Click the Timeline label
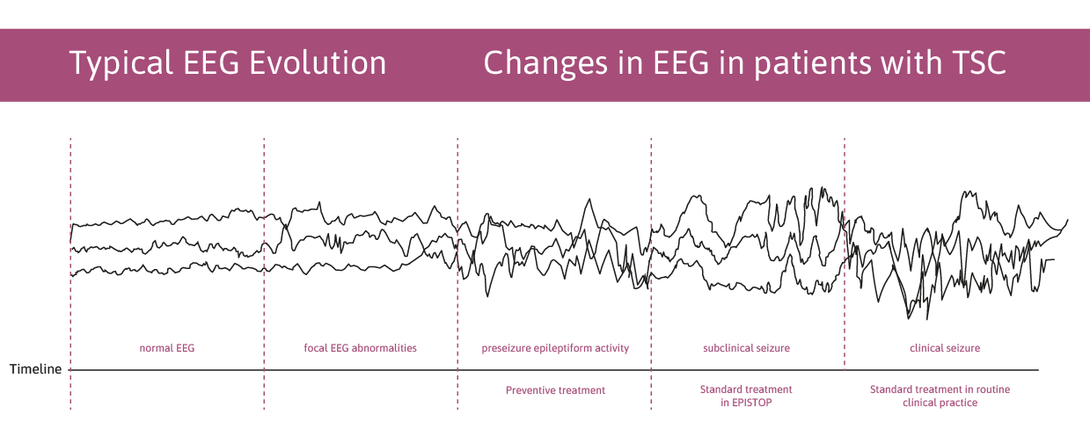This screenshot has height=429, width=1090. [35, 369]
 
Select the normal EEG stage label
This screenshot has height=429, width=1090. [167, 348]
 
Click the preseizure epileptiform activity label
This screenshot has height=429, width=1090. [555, 348]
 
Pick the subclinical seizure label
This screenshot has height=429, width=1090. [746, 348]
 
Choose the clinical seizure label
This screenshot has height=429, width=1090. [945, 348]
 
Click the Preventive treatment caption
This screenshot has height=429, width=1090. [555, 390]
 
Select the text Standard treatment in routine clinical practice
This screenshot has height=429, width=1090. [940, 396]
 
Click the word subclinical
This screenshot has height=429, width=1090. [727, 348]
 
